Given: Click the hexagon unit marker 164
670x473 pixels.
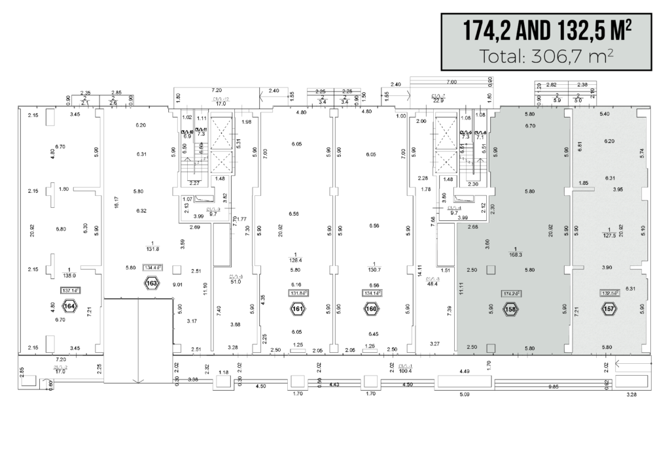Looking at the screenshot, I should [69, 305].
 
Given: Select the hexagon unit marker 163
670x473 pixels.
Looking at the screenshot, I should [152, 284].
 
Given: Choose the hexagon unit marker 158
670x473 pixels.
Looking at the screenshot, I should [511, 309].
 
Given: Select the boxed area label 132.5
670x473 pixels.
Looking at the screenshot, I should [610, 293].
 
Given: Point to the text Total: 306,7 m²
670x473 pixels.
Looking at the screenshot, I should [547, 56].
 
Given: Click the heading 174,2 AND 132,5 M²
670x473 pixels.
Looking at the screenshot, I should [547, 30].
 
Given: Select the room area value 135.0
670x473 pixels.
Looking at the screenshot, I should [69, 275].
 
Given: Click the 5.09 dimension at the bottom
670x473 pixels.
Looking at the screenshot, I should [466, 395].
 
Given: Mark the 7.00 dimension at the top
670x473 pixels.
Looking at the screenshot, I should [451, 83].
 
